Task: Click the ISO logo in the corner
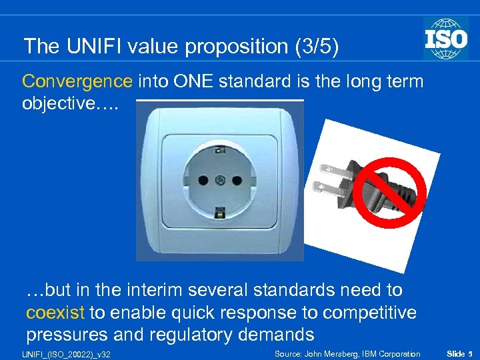click(x=445, y=38)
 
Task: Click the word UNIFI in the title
click(x=90, y=47)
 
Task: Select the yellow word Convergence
click(x=77, y=81)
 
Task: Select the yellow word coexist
click(x=55, y=312)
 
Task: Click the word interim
click(x=154, y=290)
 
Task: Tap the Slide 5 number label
click(x=459, y=353)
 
